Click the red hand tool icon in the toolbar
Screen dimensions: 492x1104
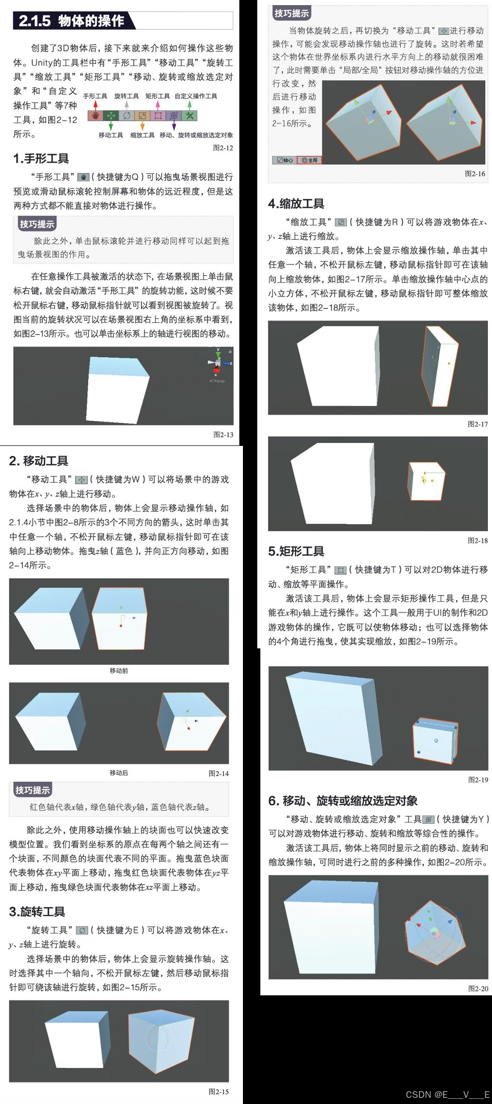click(95, 116)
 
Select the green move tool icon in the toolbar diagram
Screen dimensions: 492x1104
click(111, 116)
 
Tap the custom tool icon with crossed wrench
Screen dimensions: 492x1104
click(190, 116)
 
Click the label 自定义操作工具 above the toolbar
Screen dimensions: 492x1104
click(196, 96)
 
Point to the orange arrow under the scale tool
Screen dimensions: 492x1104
click(142, 126)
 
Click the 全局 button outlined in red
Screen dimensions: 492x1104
click(310, 160)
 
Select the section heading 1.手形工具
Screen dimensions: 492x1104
click(41, 158)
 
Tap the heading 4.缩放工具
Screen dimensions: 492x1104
click(296, 203)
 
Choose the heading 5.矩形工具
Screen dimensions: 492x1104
click(296, 551)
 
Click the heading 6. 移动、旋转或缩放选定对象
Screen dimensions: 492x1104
click(343, 801)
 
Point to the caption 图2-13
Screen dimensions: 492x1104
click(223, 435)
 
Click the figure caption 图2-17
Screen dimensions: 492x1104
click(478, 424)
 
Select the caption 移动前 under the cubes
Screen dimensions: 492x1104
click(119, 670)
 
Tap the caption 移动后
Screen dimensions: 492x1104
click(119, 772)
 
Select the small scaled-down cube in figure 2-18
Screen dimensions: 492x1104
click(426, 481)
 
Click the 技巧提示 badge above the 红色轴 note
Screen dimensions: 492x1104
click(33, 790)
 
